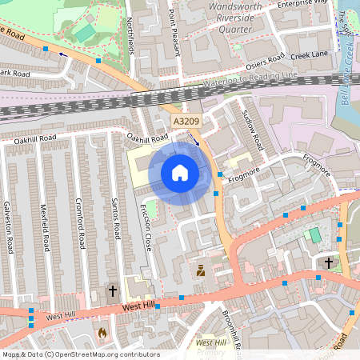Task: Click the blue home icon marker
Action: [x=180, y=173]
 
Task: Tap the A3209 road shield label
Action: [x=186, y=121]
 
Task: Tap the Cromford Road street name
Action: [x=80, y=222]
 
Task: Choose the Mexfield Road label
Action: [x=45, y=225]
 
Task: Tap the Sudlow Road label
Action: [x=252, y=130]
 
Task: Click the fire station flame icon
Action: [x=102, y=331]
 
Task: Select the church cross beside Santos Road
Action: [x=113, y=291]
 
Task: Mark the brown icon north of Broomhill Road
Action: [x=201, y=271]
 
